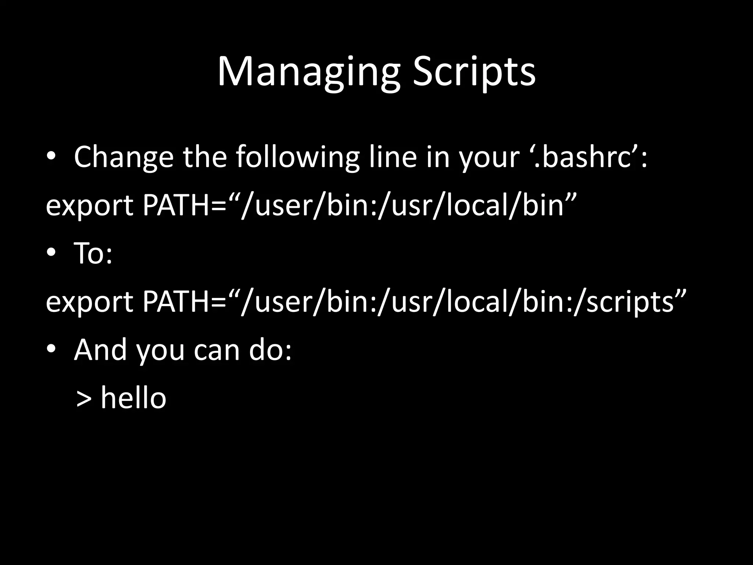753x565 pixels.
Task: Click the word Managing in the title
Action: point(308,72)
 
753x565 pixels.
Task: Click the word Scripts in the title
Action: point(474,72)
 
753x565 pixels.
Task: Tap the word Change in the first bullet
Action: point(124,157)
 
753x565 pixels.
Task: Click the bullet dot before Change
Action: point(51,156)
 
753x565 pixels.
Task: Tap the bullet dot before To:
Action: point(51,253)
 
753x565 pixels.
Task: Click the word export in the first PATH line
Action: point(89,206)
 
